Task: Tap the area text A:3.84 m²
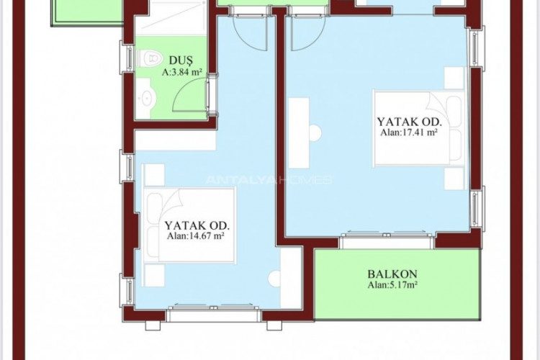pos(181,73)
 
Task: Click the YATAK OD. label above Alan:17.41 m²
pos(408,122)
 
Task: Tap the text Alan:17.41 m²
pos(409,133)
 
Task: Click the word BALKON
pos(392,274)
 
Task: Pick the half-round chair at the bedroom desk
pos(315,131)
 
